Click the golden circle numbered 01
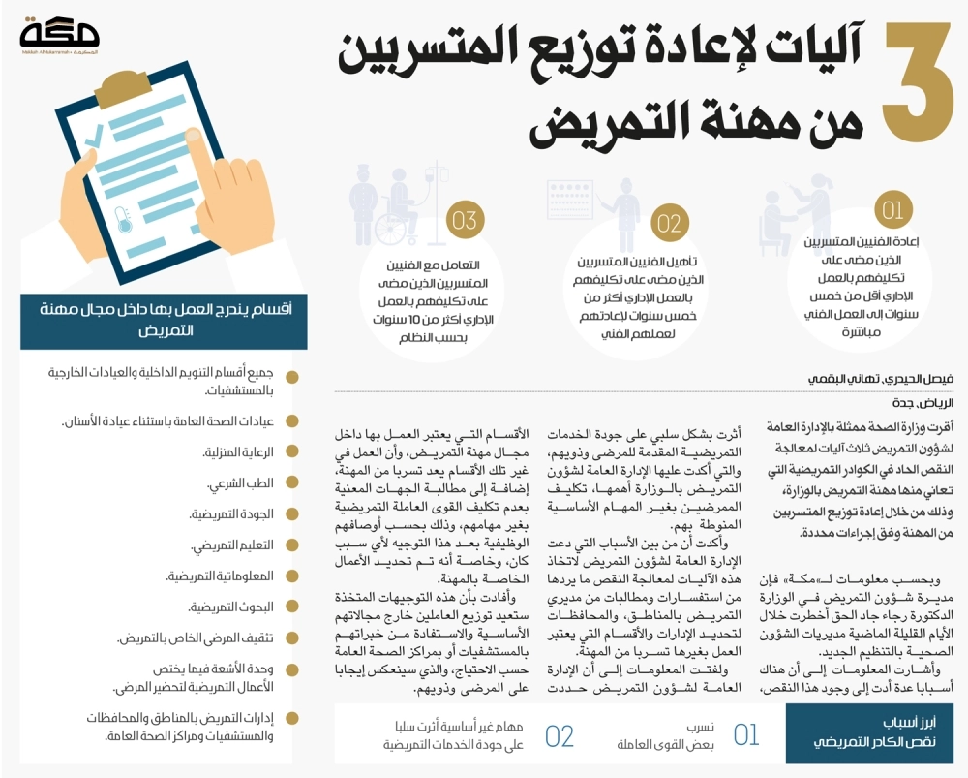click(x=891, y=209)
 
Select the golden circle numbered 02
click(x=669, y=224)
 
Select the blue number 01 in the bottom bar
click(x=746, y=735)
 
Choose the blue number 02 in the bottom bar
click(x=560, y=735)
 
